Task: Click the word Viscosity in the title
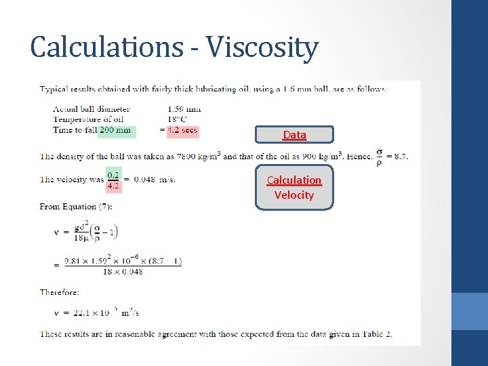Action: pos(262,47)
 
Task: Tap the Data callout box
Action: pos(294,135)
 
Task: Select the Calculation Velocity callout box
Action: pos(294,187)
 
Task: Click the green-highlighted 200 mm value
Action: pos(116,130)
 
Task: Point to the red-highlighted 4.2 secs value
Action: pos(183,130)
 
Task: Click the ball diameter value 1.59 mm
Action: pos(184,108)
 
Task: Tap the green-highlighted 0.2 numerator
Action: pos(114,174)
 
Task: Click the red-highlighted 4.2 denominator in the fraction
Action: pos(114,184)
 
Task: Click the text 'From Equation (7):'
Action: pos(76,207)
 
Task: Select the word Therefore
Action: pos(60,292)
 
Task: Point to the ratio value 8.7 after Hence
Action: pos(401,157)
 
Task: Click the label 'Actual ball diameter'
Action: pos(91,108)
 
